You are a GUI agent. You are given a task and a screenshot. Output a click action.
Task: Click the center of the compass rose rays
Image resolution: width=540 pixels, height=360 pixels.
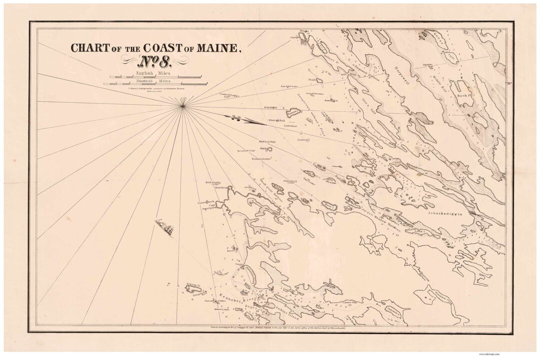coord(184,104)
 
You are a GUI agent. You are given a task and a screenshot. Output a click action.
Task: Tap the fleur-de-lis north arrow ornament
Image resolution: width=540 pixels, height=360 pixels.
coord(234,118)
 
